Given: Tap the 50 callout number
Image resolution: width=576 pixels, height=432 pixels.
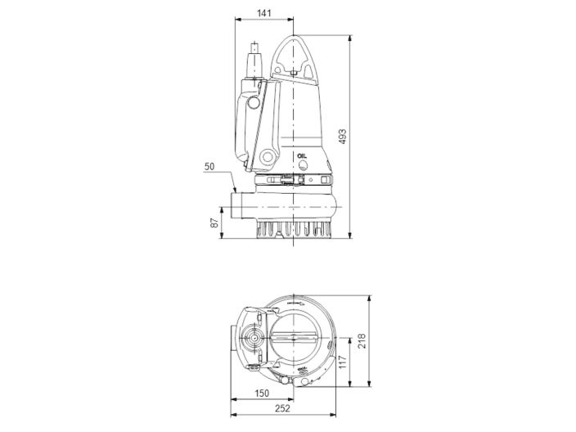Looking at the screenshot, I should pos(209,167).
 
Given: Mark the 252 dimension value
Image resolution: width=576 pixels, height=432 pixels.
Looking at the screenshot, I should pos(281,412).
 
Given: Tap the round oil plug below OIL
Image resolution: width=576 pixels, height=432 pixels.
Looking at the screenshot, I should pos(304,164).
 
